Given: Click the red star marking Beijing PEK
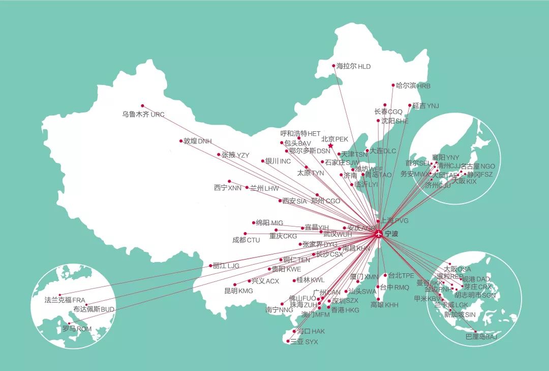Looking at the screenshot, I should (330, 146).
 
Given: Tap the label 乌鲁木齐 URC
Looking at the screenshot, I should (143, 115).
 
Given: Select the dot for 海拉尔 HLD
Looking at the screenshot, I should (333, 66).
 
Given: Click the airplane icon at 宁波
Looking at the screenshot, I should (379, 234).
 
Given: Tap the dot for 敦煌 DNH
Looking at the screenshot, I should (181, 141).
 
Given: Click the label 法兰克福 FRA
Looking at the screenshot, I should (65, 300).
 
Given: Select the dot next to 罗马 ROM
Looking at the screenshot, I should (70, 323).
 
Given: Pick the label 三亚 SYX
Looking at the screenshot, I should (303, 342).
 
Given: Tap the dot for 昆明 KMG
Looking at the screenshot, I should (234, 285).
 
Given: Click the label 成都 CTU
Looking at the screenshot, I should (246, 240).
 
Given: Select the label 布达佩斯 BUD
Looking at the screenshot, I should (94, 309).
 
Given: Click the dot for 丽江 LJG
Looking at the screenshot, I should (210, 266).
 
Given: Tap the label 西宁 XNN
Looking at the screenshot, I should (227, 188).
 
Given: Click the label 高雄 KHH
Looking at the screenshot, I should (384, 305).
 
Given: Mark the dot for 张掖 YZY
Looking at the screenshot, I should (219, 154).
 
